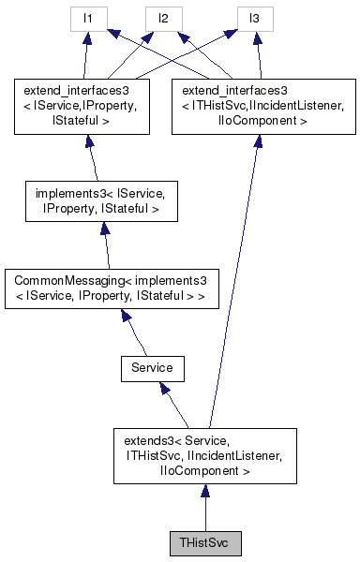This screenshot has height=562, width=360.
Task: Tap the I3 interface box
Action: (252, 19)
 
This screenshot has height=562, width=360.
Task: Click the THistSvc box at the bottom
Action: (204, 543)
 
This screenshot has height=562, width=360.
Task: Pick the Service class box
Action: (152, 368)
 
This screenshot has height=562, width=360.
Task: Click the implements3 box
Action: (102, 203)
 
